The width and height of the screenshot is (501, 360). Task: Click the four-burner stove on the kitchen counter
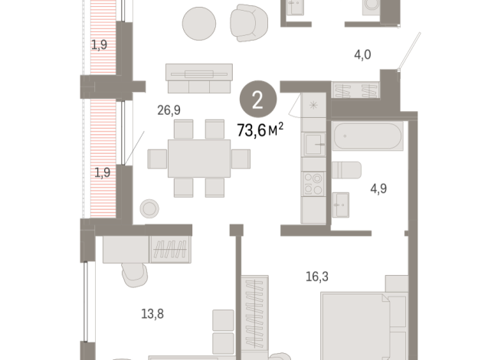tap(314, 185)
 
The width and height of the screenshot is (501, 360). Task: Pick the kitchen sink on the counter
tap(314, 144)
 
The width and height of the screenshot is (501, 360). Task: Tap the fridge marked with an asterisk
tap(314, 108)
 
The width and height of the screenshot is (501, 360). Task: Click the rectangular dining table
tap(198, 158)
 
